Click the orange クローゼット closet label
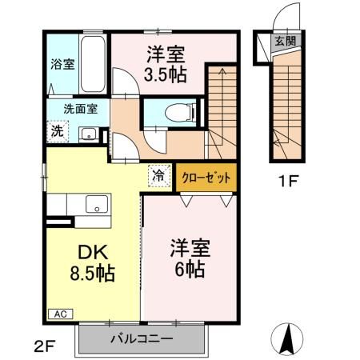point(207,177)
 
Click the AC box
point(59,314)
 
